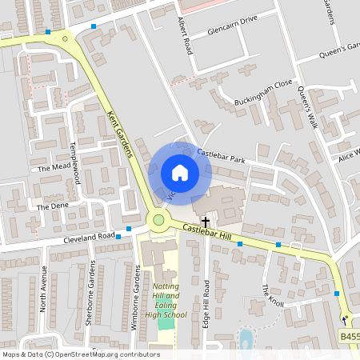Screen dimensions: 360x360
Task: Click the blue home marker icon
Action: (180, 173)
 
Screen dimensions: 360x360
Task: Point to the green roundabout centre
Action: (158, 220)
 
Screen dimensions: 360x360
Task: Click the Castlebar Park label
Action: (220, 151)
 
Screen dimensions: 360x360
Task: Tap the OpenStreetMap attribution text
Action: (80, 354)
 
